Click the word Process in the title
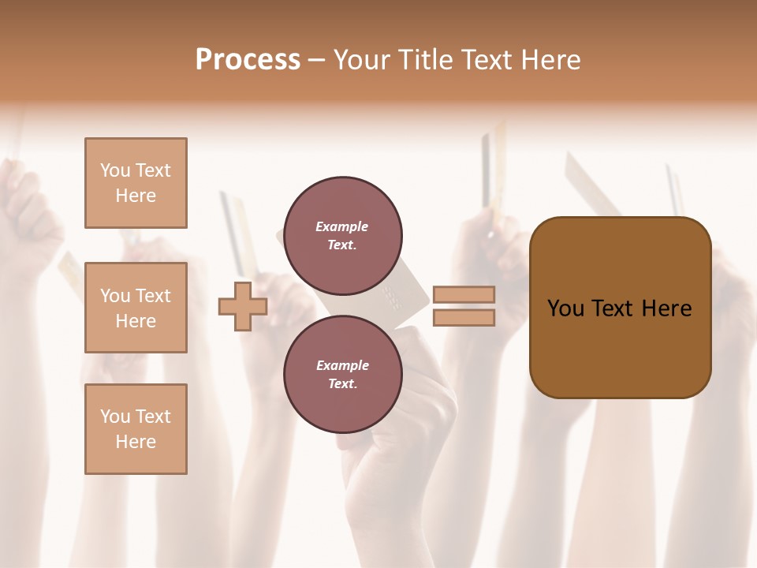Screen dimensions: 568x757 [248, 60]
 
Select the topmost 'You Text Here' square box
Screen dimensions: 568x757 [136, 183]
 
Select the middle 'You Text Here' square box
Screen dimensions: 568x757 [136, 308]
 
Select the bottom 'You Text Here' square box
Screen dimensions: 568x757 [136, 429]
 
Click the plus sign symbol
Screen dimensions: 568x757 [243, 307]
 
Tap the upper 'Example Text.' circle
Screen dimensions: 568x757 [342, 236]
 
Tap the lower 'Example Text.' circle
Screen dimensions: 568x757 [342, 375]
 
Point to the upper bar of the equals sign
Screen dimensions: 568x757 [464, 294]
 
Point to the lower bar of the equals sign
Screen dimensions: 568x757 [464, 318]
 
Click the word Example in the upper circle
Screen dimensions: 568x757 [342, 226]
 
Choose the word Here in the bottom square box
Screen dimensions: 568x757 [136, 442]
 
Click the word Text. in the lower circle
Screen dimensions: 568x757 [342, 384]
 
